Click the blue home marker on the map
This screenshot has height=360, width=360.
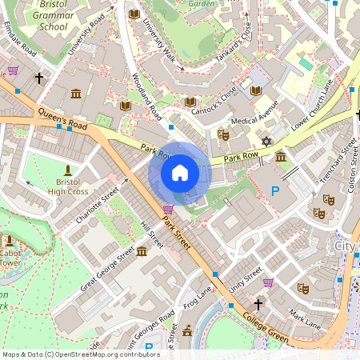pyautogui.click(x=180, y=173)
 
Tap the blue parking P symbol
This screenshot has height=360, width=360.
pyautogui.click(x=275, y=191)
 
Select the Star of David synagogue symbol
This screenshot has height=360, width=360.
pyautogui.click(x=268, y=142)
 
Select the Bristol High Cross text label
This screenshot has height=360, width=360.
pyautogui.click(x=66, y=186)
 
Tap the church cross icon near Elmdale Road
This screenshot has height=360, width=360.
pyautogui.click(x=38, y=78)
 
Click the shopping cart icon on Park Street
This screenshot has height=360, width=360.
pyautogui.click(x=167, y=210)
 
